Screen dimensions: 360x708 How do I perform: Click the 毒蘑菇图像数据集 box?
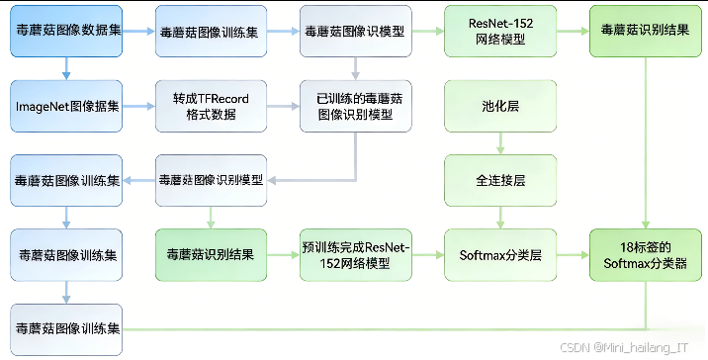(x=66, y=32)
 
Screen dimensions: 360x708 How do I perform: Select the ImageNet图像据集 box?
(x=66, y=105)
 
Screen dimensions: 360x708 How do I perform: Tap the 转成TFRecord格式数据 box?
(x=211, y=105)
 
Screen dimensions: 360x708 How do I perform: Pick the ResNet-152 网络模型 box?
(x=499, y=32)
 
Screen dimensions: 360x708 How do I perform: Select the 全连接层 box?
(x=499, y=181)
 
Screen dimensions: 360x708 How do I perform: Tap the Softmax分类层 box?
(x=499, y=255)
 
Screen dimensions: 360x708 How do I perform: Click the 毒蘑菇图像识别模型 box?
(x=211, y=181)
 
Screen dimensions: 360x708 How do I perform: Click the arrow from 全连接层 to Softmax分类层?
(x=499, y=218)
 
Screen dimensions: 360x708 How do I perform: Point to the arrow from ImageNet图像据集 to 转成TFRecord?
(x=139, y=105)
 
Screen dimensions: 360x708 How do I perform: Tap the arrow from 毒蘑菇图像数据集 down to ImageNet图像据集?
(x=66, y=68)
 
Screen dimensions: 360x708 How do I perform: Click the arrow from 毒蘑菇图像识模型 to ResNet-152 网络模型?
(x=427, y=32)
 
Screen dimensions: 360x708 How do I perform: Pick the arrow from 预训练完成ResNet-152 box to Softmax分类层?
(x=427, y=255)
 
